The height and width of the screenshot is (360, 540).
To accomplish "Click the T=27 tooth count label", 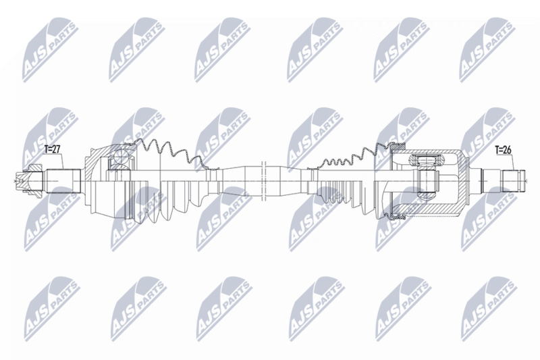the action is (53, 149).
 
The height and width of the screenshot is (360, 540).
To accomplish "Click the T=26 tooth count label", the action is (503, 150).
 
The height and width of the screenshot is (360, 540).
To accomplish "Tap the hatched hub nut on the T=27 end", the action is (30, 180).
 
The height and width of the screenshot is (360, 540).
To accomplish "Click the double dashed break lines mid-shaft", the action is (264, 180).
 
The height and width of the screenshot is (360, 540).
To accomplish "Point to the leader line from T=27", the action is (62, 161).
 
